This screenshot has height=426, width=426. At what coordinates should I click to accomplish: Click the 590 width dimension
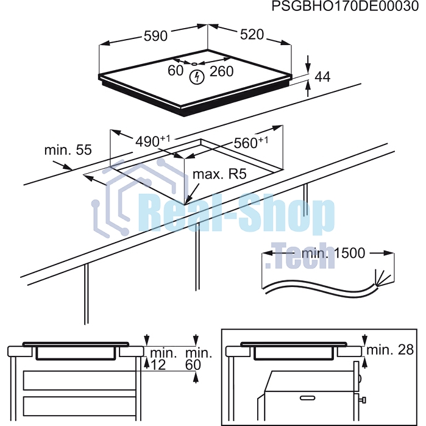coord(155,36)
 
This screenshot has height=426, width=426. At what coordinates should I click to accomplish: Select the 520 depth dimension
coord(252,35)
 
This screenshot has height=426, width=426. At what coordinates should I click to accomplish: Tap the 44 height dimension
coord(322,77)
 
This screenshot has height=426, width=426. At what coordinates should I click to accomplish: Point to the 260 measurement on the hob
coord(222,71)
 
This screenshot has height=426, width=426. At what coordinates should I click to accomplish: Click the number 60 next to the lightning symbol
coord(176,71)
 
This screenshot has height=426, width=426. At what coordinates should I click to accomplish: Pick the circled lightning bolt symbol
coord(197,77)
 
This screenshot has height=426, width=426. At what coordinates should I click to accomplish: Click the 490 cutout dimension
coord(153,141)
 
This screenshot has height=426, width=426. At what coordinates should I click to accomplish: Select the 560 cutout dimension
coord(250,143)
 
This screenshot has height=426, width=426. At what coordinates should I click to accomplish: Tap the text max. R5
coord(219,174)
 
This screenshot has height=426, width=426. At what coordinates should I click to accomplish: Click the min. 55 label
coord(68,150)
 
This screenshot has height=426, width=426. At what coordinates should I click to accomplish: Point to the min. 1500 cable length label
coord(333,253)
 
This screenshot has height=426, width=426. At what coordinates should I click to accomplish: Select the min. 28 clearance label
coord(390,350)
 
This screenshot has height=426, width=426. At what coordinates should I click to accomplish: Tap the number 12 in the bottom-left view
coord(158,365)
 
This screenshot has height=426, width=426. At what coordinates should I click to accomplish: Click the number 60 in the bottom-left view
coord(193,365)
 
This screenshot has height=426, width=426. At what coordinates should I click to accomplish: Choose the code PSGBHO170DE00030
coord(346,6)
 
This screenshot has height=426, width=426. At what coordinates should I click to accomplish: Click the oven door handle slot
coord(307,399)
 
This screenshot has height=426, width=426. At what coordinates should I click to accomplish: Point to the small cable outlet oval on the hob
coord(194,64)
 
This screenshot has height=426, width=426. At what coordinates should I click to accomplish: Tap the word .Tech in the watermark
coord(300,257)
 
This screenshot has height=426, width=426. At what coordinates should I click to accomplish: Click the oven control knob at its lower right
coord(363,400)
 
